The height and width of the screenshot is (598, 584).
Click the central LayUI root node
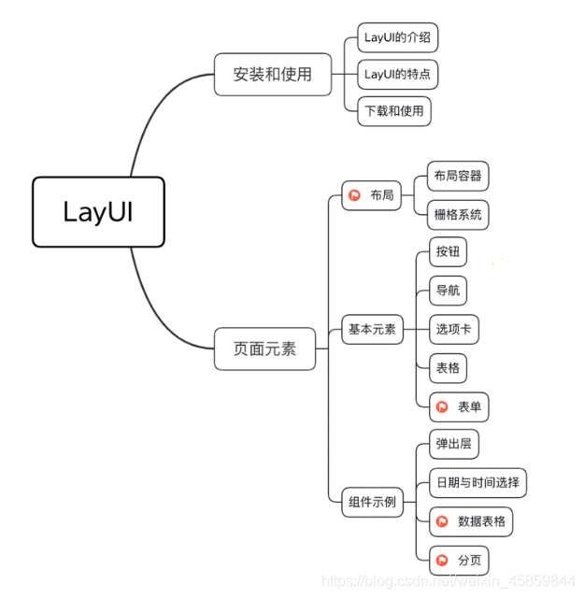pos(98,212)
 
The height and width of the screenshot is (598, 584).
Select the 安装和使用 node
pos(272,74)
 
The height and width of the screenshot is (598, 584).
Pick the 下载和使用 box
pos(394,110)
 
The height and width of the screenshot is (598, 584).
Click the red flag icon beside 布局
pos(355,196)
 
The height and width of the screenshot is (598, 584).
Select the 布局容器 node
pos(458,176)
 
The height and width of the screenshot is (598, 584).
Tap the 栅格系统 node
pos(458,214)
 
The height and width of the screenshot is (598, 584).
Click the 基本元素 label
pos(372,329)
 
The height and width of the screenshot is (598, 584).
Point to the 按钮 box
pos(448,251)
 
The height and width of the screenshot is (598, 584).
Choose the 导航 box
pos(448,291)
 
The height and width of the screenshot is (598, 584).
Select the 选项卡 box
pos(454,329)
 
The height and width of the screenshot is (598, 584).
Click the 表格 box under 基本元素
pos(448,368)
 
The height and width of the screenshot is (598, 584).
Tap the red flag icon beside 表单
pos(443,407)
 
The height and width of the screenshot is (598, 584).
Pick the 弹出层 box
pos(454,444)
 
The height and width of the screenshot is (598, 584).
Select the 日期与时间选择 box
pos(477,483)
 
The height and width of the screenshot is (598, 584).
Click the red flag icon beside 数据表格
pos(443,521)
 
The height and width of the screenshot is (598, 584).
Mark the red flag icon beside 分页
pos(443,561)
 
